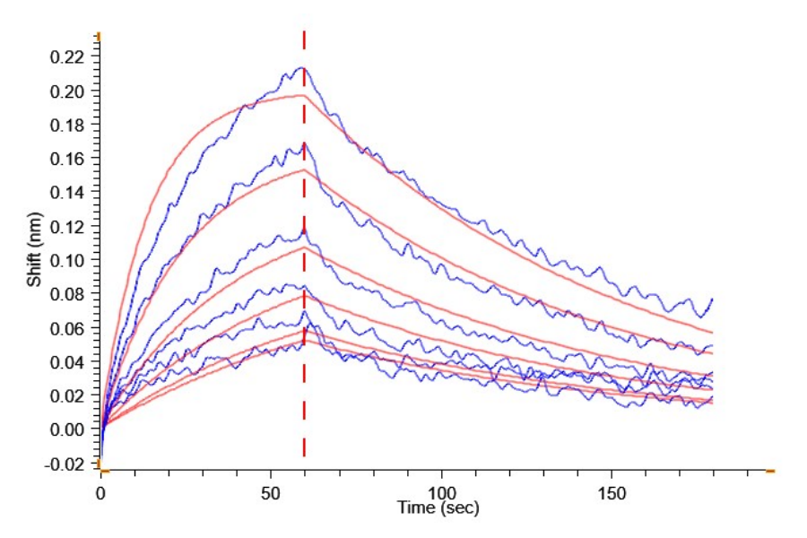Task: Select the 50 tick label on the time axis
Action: point(271,493)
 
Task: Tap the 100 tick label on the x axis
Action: point(440,493)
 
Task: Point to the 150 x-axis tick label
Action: point(611,493)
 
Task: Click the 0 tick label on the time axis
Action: point(100,493)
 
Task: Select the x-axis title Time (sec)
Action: point(438,508)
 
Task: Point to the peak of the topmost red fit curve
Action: point(303,94)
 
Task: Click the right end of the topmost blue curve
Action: point(712,299)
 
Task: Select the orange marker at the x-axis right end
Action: point(769,470)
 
